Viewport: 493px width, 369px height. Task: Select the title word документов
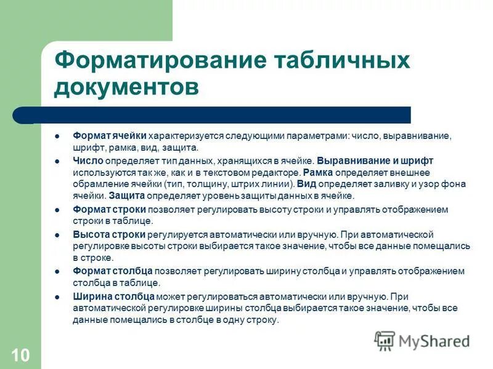(126, 87)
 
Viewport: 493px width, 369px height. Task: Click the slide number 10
(20, 355)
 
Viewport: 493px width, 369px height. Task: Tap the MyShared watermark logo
(422, 341)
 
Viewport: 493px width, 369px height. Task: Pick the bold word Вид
(306, 184)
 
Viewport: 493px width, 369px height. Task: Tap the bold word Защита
(127, 196)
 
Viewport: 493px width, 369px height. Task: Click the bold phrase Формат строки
(109, 210)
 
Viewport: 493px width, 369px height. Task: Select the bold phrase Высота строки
(109, 235)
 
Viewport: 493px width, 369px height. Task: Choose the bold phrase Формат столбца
(112, 271)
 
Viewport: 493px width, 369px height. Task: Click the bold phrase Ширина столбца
(112, 296)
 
